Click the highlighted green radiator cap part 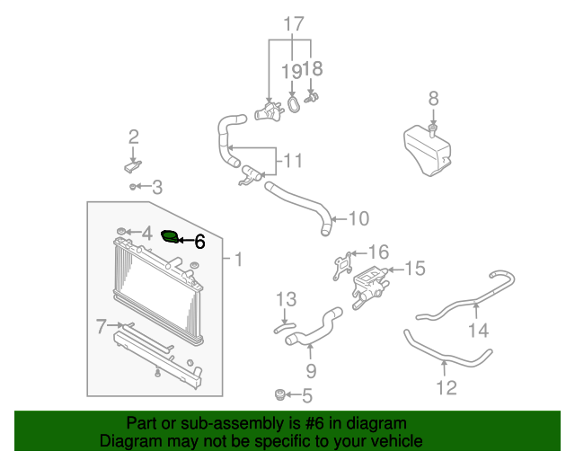[x=170, y=236]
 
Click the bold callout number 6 [x=199, y=242]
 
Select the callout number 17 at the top [x=294, y=24]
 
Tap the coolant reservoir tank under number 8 [x=428, y=150]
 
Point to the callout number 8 [x=433, y=99]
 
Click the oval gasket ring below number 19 [x=293, y=103]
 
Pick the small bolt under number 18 [x=312, y=98]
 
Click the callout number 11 [x=294, y=161]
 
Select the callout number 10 [x=358, y=218]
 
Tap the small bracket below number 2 [x=133, y=166]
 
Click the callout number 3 [x=157, y=188]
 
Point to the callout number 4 [x=147, y=234]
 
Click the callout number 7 [x=102, y=326]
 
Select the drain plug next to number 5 [x=279, y=394]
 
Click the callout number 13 [x=286, y=299]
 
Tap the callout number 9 [x=311, y=371]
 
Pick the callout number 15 [x=415, y=268]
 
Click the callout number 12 [x=447, y=388]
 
